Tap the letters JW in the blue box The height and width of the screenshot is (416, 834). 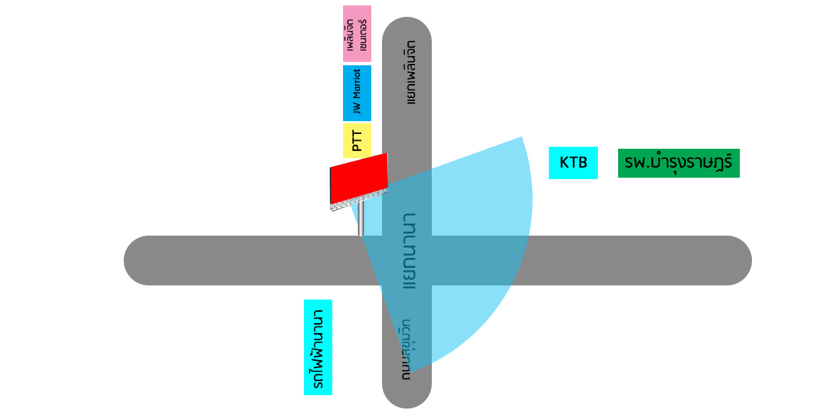357,107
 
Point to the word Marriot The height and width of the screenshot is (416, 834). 357,83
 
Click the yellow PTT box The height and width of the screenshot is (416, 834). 357,141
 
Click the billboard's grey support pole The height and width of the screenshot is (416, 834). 361,219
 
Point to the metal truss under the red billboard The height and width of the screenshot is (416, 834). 358,200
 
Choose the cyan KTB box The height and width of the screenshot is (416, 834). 573,163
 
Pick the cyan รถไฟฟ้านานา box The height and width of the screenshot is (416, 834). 318,347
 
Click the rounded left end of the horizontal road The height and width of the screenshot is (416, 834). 138,261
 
